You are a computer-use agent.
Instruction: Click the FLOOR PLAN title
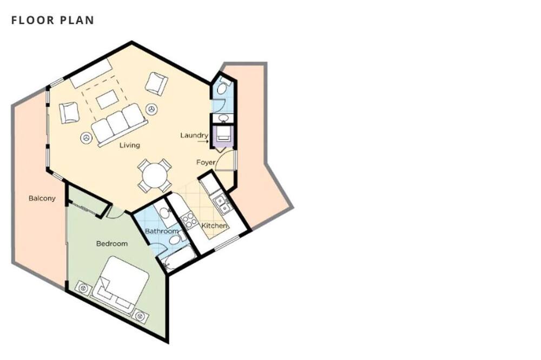pyautogui.click(x=53, y=20)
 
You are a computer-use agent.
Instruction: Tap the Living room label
pyautogui.click(x=130, y=145)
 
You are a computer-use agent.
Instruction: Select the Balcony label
pyautogui.click(x=42, y=198)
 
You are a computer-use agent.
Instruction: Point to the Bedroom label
pyautogui.click(x=112, y=243)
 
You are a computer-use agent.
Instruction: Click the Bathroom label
pyautogui.click(x=162, y=231)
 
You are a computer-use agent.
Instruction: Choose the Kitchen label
pyautogui.click(x=214, y=225)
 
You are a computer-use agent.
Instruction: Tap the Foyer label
pyautogui.click(x=206, y=162)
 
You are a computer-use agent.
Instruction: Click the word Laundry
pyautogui.click(x=194, y=135)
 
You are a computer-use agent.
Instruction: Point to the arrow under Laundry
pyautogui.click(x=203, y=142)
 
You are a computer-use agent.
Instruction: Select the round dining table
pyautogui.click(x=155, y=175)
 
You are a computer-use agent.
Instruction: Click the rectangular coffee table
pyautogui.click(x=108, y=99)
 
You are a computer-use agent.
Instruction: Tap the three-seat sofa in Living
pyautogui.click(x=119, y=124)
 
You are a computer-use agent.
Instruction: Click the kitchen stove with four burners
pyautogui.click(x=189, y=221)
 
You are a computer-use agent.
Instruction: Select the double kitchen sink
pyautogui.click(x=221, y=203)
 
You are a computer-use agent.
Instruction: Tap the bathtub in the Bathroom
pyautogui.click(x=178, y=258)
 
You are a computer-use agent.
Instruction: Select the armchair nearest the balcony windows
pyautogui.click(x=69, y=112)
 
